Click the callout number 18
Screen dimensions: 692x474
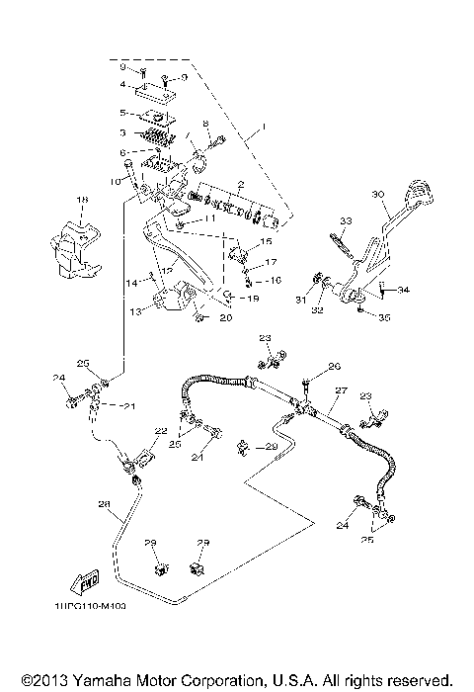(82, 199)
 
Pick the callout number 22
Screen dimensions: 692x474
(160, 431)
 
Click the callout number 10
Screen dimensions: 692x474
(115, 182)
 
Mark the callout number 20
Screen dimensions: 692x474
(224, 317)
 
